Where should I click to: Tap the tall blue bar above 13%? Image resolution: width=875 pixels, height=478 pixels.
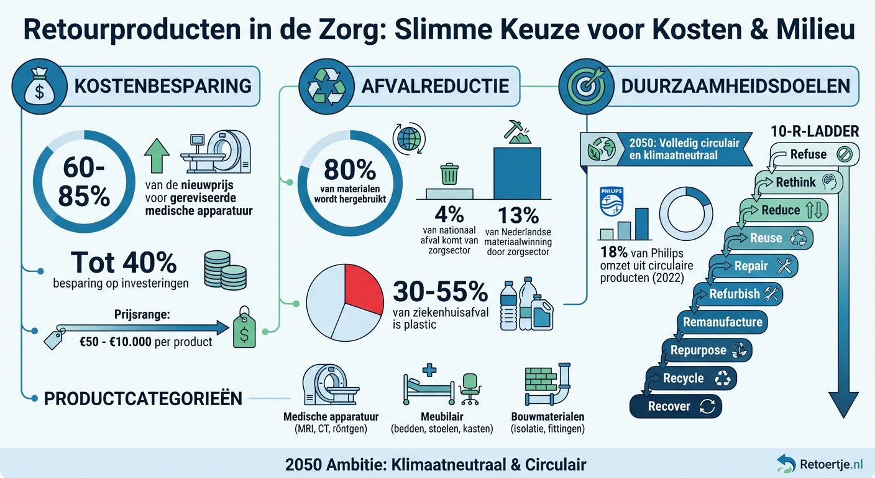[517, 172]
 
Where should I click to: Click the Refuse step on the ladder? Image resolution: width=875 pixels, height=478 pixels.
[814, 154]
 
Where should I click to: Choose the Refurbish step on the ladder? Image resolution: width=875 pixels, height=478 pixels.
[738, 294]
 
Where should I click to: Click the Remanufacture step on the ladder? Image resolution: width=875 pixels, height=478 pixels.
[723, 322]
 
